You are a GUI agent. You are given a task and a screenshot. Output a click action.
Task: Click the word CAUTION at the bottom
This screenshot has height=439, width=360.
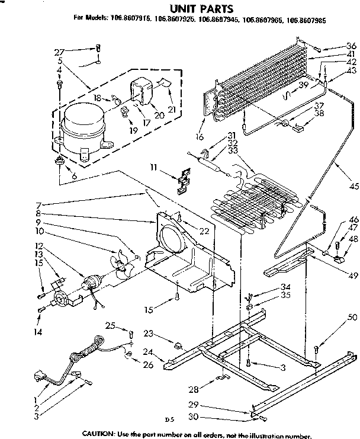pos(100,432)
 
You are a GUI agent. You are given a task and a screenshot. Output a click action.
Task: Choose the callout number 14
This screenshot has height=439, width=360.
pos(38,332)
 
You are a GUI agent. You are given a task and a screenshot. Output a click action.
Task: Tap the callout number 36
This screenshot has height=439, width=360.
pos(351,46)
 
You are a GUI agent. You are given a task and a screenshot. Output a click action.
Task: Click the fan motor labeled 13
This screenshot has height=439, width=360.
pos(92,283)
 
